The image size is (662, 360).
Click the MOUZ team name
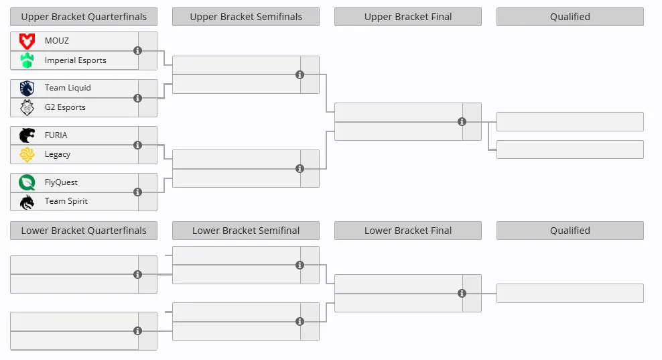pyautogui.click(x=56, y=41)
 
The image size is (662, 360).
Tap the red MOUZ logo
pyautogui.click(x=27, y=42)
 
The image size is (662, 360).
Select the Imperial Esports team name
pyautogui.click(x=76, y=60)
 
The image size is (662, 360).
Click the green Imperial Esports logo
pyautogui.click(x=27, y=60)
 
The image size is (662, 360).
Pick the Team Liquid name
pyautogui.click(x=68, y=88)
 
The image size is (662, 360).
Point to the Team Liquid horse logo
pyautogui.click(x=27, y=88)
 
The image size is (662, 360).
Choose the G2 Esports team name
pyautogui.click(x=65, y=107)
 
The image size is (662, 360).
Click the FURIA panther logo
pyautogui.click(x=27, y=135)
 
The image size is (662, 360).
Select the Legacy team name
pyautogui.click(x=58, y=155)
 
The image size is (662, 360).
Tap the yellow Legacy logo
pyautogui.click(x=27, y=155)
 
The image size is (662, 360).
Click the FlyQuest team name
pyautogui.click(x=61, y=182)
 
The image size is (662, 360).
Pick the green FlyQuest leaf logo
pyautogui.click(x=27, y=182)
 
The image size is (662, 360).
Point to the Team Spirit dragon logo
pyautogui.click(x=27, y=202)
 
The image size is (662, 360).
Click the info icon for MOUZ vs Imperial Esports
pyautogui.click(x=137, y=51)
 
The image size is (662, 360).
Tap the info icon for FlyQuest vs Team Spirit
pyautogui.click(x=137, y=192)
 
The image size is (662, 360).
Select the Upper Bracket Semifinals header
pyautogui.click(x=246, y=17)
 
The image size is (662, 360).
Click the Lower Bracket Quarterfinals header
pyautogui.click(x=84, y=231)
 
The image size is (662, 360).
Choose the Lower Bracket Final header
pyautogui.click(x=408, y=231)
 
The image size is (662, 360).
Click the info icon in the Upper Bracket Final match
pyautogui.click(x=462, y=122)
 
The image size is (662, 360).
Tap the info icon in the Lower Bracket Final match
pyautogui.click(x=462, y=293)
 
